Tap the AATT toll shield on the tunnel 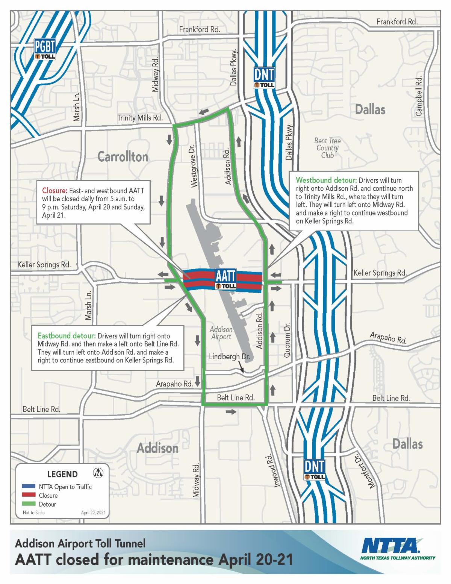click(x=225, y=279)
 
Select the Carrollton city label click(x=123, y=157)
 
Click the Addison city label click(x=157, y=448)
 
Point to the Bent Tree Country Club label click(x=327, y=147)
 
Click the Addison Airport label click(x=221, y=333)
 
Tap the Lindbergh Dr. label click(x=229, y=356)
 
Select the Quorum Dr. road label click(x=288, y=339)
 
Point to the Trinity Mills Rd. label click(x=140, y=118)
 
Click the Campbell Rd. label click(x=419, y=96)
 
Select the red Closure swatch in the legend click(x=29, y=496)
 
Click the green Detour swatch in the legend click(x=29, y=504)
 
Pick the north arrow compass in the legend click(x=98, y=473)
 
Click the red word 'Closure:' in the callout click(x=55, y=191)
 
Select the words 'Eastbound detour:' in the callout click(x=67, y=336)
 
